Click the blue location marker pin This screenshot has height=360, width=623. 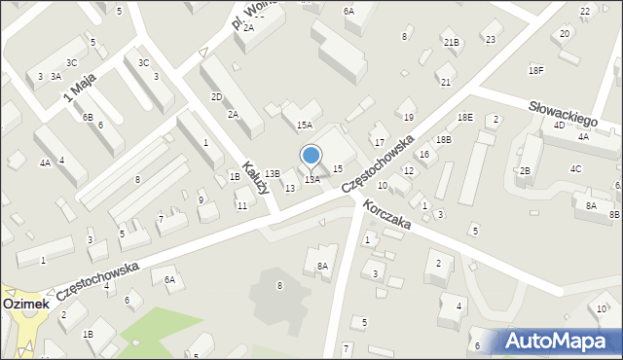coord(311,156)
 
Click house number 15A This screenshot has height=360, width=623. coord(305,125)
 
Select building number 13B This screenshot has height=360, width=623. coord(273,173)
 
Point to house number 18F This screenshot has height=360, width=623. coord(536,70)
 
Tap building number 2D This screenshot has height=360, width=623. coord(216,97)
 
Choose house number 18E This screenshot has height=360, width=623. coord(466,117)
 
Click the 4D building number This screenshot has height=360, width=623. coord(559,126)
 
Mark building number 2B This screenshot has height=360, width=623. coord(525,171)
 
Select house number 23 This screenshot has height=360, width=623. coord(490,39)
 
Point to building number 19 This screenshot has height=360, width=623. coord(409,117)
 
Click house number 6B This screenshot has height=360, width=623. coord(88,117)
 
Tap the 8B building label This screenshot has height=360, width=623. coord(614,214)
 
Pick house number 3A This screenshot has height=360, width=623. coord(56,76)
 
